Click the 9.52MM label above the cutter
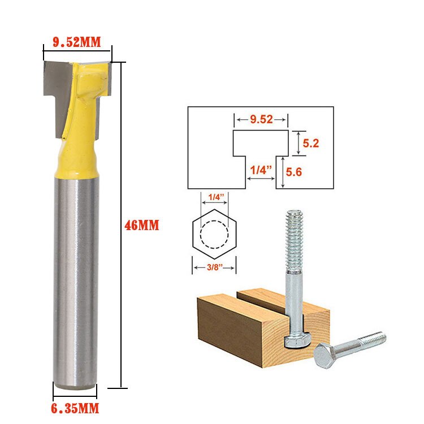coord(77,42)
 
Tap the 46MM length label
coord(142,225)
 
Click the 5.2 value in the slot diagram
coord(311,144)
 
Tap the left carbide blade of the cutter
coord(54,90)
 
